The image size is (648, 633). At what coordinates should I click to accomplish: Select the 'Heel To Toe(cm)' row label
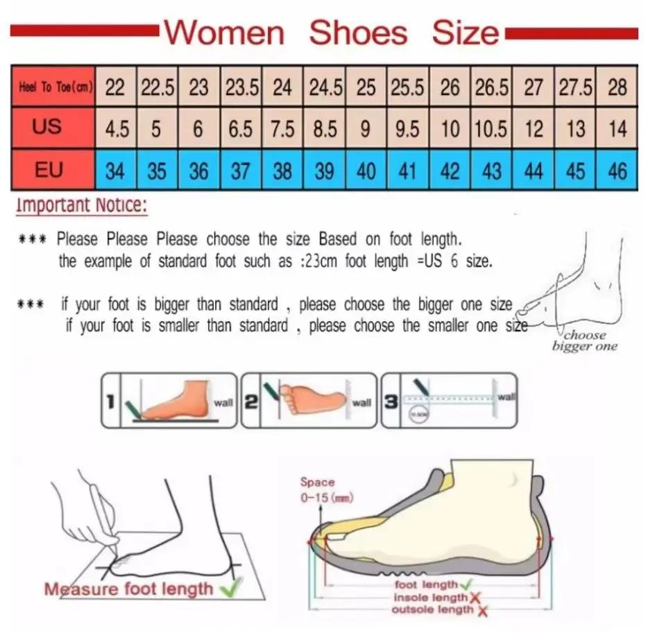pos(53,88)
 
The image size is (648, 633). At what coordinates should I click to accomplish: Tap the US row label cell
pos(47,128)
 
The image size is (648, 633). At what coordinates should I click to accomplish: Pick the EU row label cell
pos(49,170)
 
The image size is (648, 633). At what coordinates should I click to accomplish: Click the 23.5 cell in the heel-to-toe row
pos(241,88)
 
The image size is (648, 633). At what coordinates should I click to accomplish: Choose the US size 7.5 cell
pos(282,129)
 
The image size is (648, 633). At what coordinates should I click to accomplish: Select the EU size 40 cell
pos(366,171)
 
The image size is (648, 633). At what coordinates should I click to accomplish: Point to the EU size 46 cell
pos(617,171)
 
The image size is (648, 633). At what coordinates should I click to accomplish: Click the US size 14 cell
pos(617,129)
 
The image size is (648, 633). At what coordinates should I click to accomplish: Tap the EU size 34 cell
pos(115,171)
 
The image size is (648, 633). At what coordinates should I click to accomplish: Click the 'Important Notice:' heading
pos(82,205)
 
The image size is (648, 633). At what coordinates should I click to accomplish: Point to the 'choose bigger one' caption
pos(584,341)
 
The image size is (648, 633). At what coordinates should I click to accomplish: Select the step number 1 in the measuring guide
pos(110,401)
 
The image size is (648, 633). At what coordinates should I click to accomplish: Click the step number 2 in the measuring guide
pos(250,401)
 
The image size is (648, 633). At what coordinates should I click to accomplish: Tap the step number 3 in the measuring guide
pos(391,401)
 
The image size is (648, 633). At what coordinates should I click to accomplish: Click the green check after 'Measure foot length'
pos(227,589)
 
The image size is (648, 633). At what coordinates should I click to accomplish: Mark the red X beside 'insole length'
pos(475,598)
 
